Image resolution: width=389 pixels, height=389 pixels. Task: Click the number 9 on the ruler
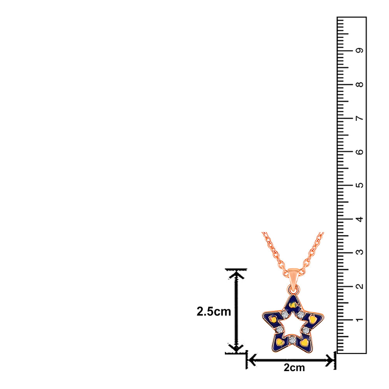click(359, 50)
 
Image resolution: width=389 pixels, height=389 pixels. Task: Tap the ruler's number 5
click(359, 185)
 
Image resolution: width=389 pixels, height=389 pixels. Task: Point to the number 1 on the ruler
click(359, 320)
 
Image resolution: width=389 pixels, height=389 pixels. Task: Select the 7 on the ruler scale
click(359, 118)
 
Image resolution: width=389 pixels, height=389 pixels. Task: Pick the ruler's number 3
click(359, 252)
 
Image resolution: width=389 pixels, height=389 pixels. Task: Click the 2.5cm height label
click(214, 311)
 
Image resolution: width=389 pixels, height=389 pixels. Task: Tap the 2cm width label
click(294, 368)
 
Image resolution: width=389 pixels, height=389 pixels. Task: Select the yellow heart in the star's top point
click(293, 305)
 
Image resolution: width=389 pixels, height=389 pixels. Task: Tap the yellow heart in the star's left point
click(273, 319)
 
